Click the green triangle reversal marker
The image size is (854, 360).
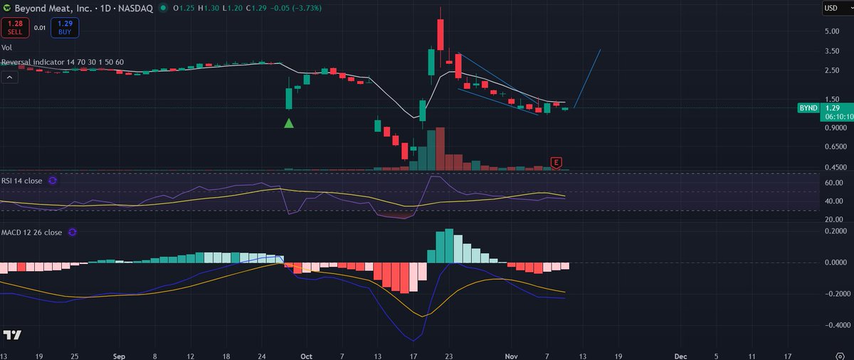288,123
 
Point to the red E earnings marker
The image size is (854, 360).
556,163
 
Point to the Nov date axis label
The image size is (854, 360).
502,354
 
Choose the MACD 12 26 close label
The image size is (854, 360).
31,232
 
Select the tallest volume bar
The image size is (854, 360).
440,149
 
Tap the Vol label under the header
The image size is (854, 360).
6,48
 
